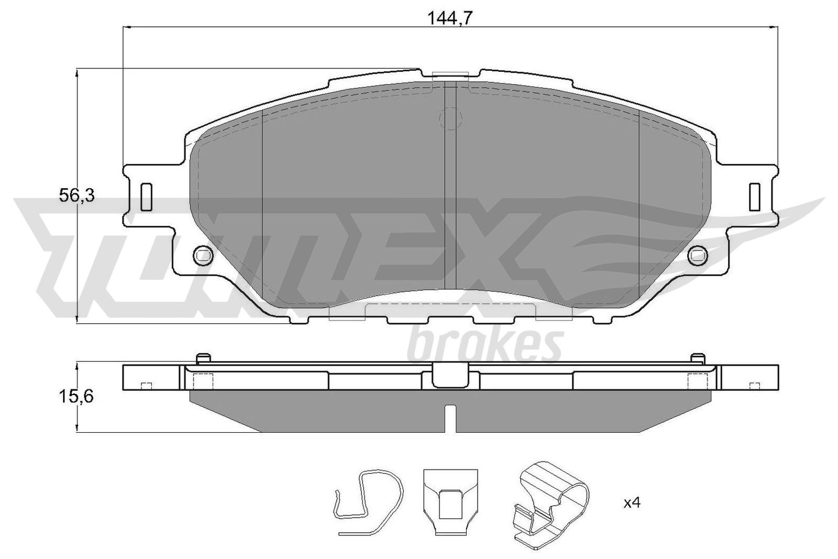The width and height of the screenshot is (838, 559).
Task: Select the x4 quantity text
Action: click(632, 503)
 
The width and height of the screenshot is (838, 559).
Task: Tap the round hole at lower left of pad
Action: click(203, 255)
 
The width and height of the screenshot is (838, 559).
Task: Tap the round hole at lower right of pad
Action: click(697, 255)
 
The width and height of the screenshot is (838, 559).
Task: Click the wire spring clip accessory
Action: click(370, 502)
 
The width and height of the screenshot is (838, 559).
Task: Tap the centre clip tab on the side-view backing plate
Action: click(450, 375)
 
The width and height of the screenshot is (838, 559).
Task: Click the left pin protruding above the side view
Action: click(203, 358)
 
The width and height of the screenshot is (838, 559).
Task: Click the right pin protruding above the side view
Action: click(697, 358)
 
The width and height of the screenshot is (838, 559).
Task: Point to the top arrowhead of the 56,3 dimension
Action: click(78, 73)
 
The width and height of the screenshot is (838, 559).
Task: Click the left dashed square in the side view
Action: click(203, 381)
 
